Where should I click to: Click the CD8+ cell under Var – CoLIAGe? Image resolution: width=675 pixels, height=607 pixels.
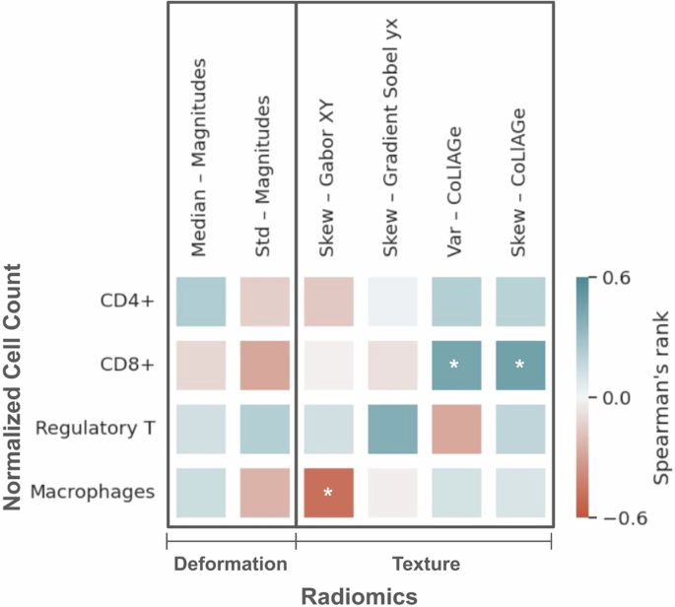tap(455, 365)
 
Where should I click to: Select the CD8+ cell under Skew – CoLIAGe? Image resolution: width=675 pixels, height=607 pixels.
tap(519, 365)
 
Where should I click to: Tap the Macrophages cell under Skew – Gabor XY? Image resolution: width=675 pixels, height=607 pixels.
tap(327, 492)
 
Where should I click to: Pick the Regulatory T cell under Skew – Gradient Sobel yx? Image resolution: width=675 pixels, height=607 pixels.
tap(391, 429)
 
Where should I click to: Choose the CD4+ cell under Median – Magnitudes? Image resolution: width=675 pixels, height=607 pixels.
tap(201, 302)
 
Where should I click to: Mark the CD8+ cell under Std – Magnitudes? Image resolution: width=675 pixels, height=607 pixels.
tap(264, 365)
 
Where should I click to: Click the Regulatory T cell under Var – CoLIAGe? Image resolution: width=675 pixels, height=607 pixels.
tap(455, 429)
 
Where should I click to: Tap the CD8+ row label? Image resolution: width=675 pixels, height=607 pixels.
tap(129, 365)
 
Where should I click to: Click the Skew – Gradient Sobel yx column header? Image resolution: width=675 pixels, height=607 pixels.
tap(391, 138)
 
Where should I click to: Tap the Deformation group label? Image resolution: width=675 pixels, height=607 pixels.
tap(231, 564)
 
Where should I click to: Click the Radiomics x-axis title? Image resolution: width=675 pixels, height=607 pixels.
tap(359, 595)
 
